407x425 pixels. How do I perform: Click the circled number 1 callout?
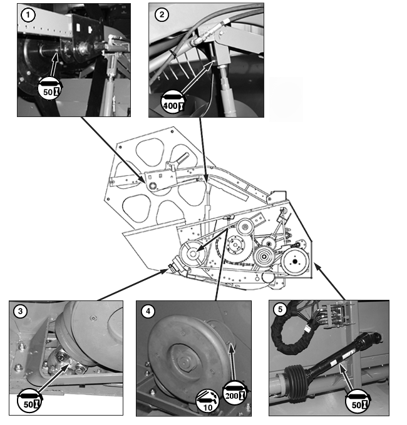[x=28, y=15]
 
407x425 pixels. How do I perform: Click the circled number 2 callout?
[x=162, y=14]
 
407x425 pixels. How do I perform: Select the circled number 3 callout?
[x=20, y=311]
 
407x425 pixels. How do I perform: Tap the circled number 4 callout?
[x=148, y=311]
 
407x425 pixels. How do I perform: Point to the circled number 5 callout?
[x=280, y=309]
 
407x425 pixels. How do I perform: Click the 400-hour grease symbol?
[x=173, y=103]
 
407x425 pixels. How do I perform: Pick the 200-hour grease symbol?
[x=235, y=393]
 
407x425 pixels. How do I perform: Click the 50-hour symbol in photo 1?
[x=50, y=88]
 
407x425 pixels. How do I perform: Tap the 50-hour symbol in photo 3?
[x=30, y=401]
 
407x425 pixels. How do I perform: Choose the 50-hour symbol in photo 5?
[x=358, y=401]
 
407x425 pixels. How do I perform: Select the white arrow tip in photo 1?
[x=56, y=53]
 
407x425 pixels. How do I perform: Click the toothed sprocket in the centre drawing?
[x=269, y=243]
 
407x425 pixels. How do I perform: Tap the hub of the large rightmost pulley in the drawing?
[x=295, y=262]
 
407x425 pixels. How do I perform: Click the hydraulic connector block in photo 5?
[x=338, y=315]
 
